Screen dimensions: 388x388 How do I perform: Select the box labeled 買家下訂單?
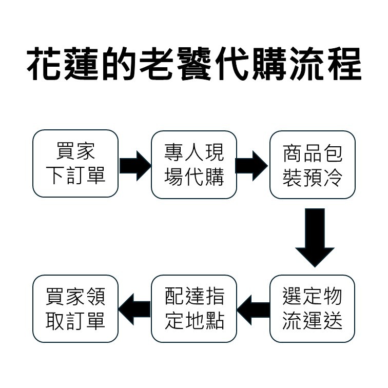coord(75,164)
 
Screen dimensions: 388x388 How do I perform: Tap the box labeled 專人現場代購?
coord(194,165)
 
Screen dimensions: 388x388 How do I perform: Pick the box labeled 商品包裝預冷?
coord(312,165)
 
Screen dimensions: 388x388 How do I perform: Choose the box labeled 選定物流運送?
coord(312,309)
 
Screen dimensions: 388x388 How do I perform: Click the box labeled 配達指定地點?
coord(194,309)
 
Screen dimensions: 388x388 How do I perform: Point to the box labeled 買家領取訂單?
coord(75,309)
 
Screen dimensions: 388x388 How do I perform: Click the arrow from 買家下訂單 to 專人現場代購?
coord(135,165)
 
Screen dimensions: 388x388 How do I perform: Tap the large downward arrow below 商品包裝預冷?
coord(315,237)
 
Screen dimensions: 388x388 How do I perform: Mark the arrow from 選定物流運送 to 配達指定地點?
coord(253,309)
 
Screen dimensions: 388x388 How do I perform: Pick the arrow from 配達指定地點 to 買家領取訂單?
coord(134,309)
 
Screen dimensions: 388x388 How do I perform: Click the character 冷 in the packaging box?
coord(332,177)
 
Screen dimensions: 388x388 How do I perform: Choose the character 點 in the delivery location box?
coord(214,321)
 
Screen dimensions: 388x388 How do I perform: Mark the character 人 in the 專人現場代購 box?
coord(194,152)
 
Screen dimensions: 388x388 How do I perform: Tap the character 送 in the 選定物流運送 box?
coord(332,321)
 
